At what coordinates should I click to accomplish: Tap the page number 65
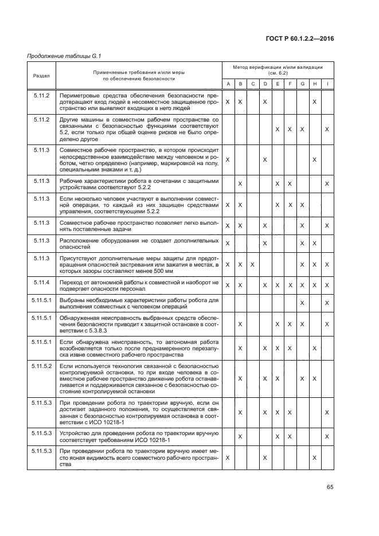330,487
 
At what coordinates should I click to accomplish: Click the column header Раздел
41,76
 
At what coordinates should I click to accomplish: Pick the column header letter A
228,84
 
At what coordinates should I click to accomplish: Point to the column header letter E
278,84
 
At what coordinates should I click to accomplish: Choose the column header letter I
327,84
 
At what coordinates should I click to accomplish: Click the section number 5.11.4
41,283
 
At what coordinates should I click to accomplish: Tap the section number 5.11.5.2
42,365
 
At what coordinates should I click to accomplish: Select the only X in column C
253,264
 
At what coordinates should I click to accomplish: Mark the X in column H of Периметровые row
314,101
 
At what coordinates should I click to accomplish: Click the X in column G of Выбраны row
302,303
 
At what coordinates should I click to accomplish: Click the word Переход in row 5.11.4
72,283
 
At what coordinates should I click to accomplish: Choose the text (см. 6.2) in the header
278,73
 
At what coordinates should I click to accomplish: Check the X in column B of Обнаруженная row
240,324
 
